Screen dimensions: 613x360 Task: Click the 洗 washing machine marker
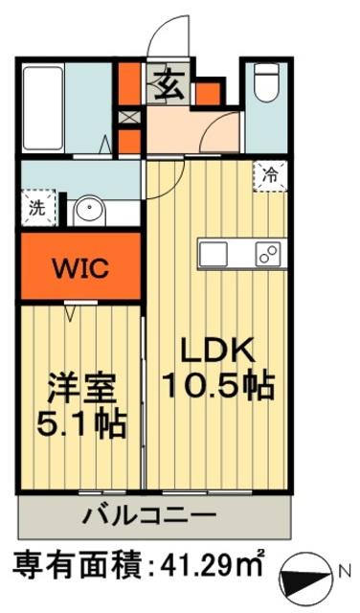pyautogui.click(x=35, y=206)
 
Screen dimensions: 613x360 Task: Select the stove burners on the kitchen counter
pyautogui.click(x=268, y=256)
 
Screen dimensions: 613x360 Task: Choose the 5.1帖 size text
pyautogui.click(x=81, y=423)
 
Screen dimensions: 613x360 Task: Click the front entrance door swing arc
pyautogui.click(x=165, y=36)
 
